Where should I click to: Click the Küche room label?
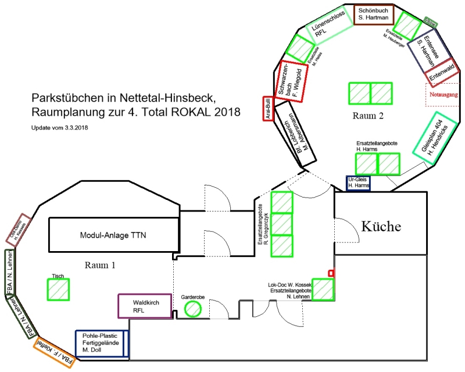tap(381, 226)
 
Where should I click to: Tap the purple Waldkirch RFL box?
tap(146, 306)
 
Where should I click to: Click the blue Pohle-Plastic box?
tap(101, 342)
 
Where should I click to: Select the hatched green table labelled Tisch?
tap(58, 289)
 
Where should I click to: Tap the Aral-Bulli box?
tap(269, 108)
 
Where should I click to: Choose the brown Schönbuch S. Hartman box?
tap(375, 15)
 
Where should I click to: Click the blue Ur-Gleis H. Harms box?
tap(359, 183)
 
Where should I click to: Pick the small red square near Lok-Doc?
tap(331, 273)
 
